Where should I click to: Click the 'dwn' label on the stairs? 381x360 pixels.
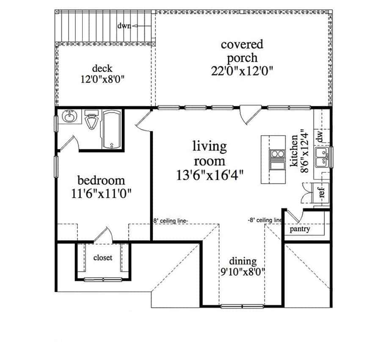pyautogui.click(x=124, y=26)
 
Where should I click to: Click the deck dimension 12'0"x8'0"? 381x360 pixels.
pyautogui.click(x=102, y=79)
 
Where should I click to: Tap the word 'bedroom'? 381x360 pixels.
pyautogui.click(x=102, y=181)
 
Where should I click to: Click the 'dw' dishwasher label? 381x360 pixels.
pyautogui.click(x=320, y=136)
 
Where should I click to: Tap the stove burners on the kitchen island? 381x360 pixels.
pyautogui.click(x=277, y=155)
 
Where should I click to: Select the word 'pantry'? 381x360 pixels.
pyautogui.click(x=300, y=229)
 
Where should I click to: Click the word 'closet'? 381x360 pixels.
pyautogui.click(x=102, y=258)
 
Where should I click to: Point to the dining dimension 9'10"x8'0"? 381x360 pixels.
pyautogui.click(x=242, y=272)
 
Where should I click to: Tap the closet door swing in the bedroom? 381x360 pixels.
pyautogui.click(x=104, y=235)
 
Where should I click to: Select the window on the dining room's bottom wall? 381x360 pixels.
pyautogui.click(x=242, y=306)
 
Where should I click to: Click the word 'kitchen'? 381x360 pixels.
pyautogui.click(x=293, y=152)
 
